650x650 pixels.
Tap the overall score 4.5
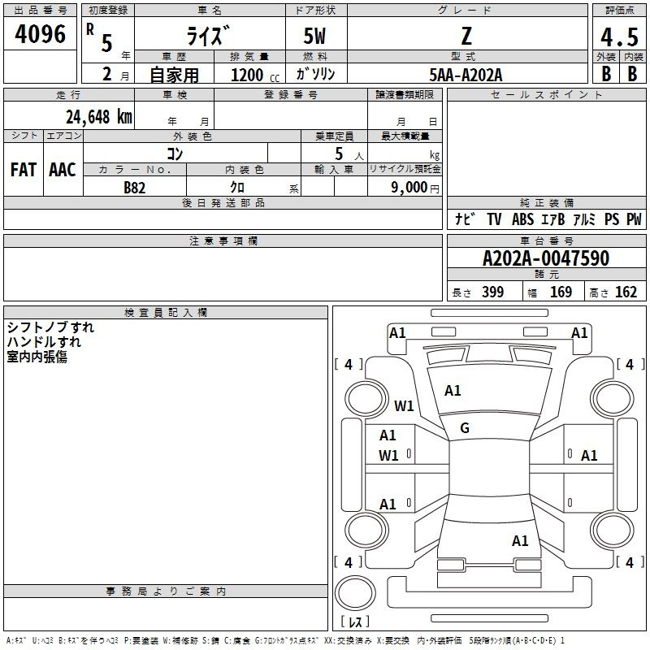618,37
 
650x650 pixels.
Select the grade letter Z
466,37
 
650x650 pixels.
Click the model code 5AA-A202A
466,75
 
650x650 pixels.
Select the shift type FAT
23,170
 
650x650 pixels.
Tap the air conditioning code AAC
62,170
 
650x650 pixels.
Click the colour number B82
134,187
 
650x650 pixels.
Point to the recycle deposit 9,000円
414,187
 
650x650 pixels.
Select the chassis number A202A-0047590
545,259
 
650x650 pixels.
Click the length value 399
492,292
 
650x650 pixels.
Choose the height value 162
626,292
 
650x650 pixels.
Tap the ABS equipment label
522,219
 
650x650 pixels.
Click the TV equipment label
494,219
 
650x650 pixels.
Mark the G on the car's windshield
465,428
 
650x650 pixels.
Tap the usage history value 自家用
174,75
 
